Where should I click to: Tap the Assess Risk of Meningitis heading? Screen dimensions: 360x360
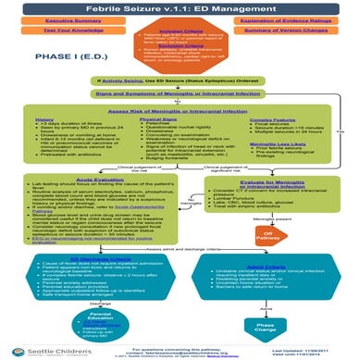tap(180, 110)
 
